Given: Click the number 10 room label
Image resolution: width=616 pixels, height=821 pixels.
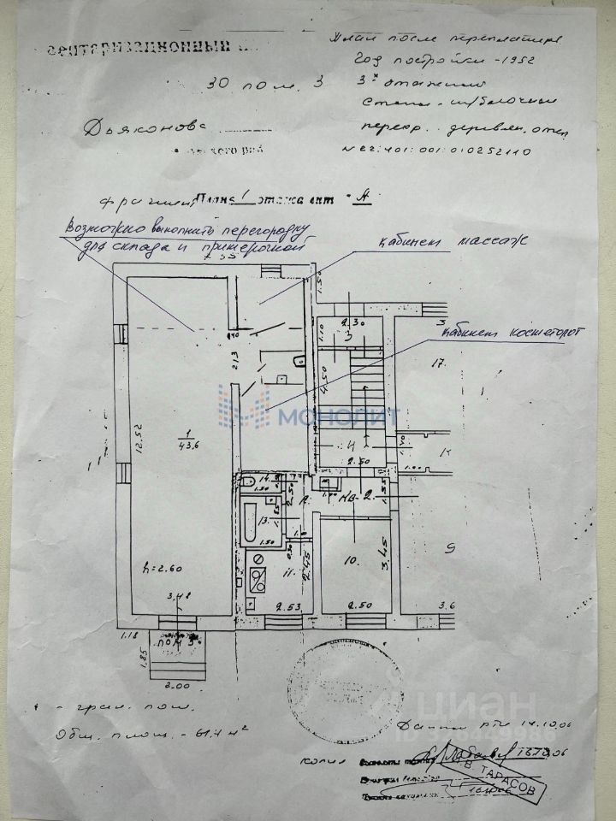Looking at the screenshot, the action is coord(348,562).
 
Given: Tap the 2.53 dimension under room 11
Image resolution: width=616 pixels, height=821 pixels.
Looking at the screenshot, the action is coord(273,607).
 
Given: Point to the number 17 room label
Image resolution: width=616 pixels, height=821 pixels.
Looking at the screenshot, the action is coord(439,363).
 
